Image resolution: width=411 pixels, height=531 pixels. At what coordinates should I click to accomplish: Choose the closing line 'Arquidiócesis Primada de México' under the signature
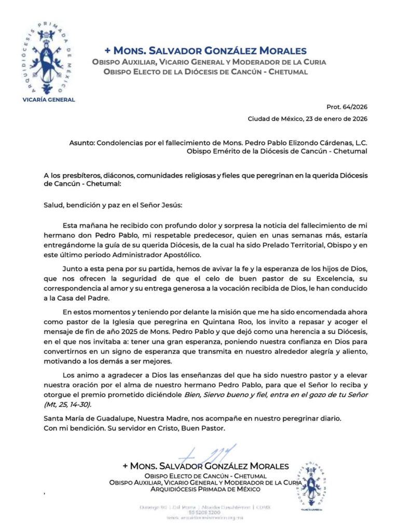pos(205,489)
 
